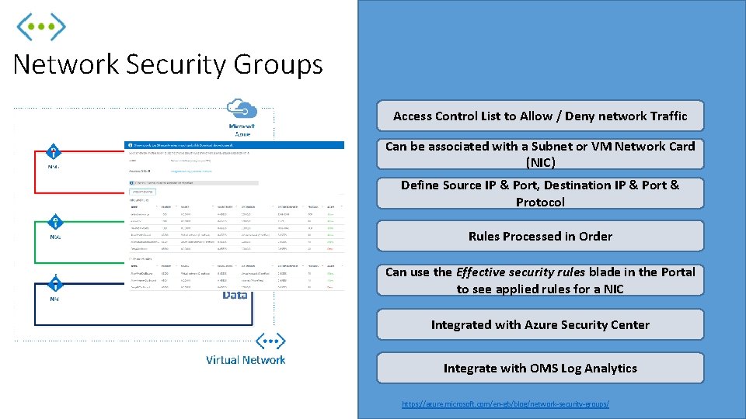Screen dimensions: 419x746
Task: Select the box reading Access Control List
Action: coord(540,116)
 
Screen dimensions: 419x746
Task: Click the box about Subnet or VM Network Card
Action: coord(540,154)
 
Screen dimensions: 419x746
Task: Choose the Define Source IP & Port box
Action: coord(540,193)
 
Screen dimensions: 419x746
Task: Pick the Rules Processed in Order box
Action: coord(540,236)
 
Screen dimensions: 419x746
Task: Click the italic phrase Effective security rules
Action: coord(520,272)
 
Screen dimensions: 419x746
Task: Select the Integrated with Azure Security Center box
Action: coord(540,324)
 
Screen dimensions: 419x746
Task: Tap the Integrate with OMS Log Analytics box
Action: coord(540,368)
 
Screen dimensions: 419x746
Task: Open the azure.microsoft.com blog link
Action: coord(505,404)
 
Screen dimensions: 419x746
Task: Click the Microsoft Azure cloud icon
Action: coord(241,109)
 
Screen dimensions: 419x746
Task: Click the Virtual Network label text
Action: coord(246,360)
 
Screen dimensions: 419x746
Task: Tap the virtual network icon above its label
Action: coord(270,341)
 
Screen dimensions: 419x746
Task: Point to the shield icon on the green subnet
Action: coord(55,222)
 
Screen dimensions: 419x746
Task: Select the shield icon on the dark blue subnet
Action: coord(54,284)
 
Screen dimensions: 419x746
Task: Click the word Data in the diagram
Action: coord(235,295)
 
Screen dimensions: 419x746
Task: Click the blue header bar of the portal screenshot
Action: coord(233,145)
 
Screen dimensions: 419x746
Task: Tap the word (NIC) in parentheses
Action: coord(540,162)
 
